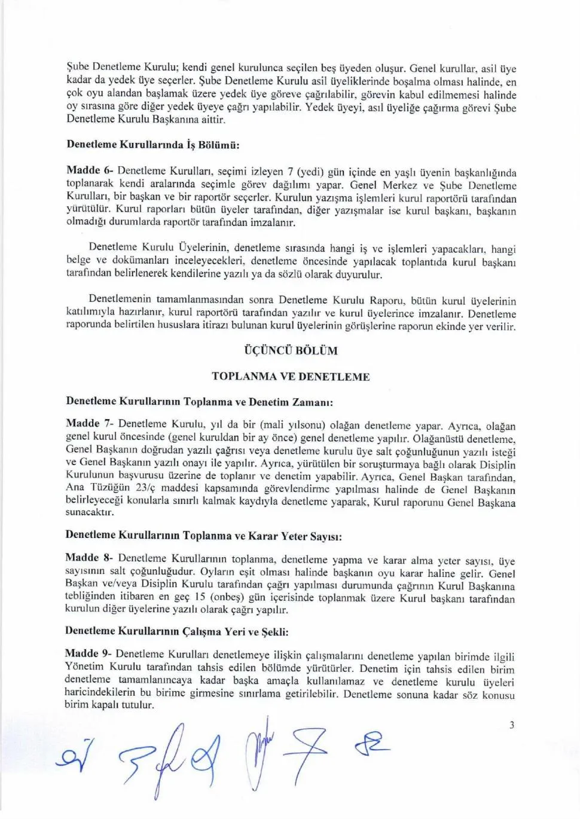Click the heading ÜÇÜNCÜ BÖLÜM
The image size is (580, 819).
click(x=291, y=351)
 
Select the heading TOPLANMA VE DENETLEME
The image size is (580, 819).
click(x=291, y=377)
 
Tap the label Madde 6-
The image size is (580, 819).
click(x=90, y=170)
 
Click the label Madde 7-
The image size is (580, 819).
click(x=90, y=424)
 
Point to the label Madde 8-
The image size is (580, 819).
click(x=89, y=558)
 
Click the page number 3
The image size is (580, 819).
click(x=511, y=726)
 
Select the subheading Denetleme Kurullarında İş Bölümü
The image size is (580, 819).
click(x=152, y=145)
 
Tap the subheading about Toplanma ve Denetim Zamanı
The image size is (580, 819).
click(x=199, y=402)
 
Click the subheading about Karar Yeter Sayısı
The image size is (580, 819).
click(x=203, y=536)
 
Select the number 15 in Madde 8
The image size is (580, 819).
click(x=201, y=597)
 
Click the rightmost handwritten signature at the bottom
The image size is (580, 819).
click(x=372, y=744)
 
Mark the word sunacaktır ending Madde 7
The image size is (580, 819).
click(x=89, y=513)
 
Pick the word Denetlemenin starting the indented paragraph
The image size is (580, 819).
click(x=121, y=300)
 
